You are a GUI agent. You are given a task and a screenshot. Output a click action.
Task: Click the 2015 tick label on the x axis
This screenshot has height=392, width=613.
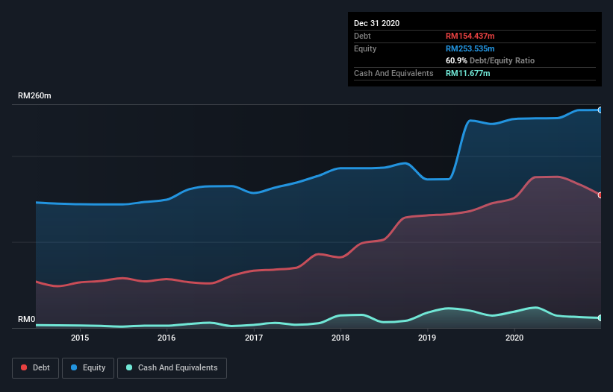tap(80, 338)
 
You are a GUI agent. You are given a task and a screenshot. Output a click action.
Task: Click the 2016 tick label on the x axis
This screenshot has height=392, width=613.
tap(167, 338)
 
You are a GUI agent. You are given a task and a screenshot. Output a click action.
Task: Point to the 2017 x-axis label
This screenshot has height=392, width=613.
tap(254, 338)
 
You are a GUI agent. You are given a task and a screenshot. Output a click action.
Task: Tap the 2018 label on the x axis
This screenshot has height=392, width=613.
tap(340, 338)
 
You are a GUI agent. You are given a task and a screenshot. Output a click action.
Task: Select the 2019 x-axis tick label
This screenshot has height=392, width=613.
tap(427, 338)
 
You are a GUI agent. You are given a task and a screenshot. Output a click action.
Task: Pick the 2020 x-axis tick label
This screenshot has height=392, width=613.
tap(514, 338)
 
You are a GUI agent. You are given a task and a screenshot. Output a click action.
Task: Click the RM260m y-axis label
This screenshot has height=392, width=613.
tap(34, 96)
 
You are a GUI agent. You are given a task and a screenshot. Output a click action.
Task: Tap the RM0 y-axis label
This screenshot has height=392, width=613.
tap(27, 320)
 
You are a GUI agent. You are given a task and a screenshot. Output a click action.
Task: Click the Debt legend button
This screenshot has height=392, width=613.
tap(35, 367)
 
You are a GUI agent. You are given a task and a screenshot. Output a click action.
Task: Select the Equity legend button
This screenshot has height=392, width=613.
tap(88, 367)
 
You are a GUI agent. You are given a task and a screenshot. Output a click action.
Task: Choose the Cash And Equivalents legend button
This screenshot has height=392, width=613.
tap(172, 367)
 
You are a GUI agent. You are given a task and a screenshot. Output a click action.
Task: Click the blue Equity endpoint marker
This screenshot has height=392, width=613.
tap(600, 110)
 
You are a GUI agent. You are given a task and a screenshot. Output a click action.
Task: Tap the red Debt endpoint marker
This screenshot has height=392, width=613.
tap(600, 195)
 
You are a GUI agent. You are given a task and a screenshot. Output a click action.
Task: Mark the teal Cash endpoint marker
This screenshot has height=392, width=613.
tap(600, 318)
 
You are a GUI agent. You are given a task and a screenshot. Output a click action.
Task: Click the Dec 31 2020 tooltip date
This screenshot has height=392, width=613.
tap(376, 23)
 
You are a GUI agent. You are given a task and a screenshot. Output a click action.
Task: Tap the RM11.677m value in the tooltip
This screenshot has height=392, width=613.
tap(468, 73)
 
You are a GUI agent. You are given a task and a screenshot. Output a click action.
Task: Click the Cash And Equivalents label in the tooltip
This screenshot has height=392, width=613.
tap(393, 73)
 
